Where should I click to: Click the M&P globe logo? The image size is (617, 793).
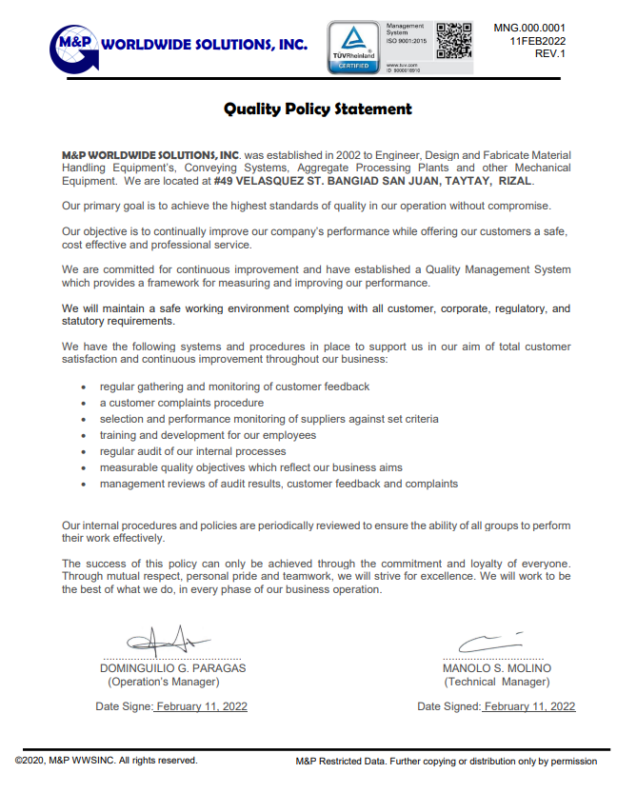[x=74, y=46]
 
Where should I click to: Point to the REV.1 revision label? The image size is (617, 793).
[x=550, y=54]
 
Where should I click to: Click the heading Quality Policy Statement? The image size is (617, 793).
[x=318, y=109]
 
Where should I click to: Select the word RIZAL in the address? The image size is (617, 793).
[x=514, y=181]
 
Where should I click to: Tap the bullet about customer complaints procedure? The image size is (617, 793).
[x=182, y=403]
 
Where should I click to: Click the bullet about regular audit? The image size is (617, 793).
[x=192, y=451]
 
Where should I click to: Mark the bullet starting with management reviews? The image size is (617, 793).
[x=279, y=484]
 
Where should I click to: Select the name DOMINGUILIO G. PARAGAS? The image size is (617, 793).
[x=172, y=668]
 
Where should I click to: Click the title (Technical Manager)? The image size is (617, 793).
[x=496, y=682]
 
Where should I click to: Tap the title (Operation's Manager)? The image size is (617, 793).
[x=163, y=682]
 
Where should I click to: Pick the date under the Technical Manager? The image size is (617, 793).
[x=529, y=706]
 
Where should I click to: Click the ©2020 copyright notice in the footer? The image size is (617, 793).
[x=106, y=761]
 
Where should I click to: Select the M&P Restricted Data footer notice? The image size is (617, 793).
[x=447, y=762]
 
